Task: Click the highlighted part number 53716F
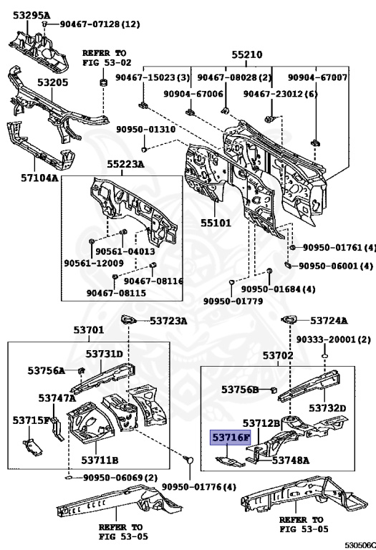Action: pos(230,438)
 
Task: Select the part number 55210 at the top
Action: pos(246,54)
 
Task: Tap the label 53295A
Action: pos(32,16)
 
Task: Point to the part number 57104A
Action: pos(39,178)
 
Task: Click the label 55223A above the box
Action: pos(125,164)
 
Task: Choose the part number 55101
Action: pos(216,223)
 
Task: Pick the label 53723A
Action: pos(168,321)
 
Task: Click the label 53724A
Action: pos(329,320)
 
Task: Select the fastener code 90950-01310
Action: pos(146,130)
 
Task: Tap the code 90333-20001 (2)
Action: pos(334,339)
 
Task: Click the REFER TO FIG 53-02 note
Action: pos(107,58)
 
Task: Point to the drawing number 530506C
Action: pos(360,545)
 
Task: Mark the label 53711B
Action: pos(100,460)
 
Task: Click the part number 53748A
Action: pos(291,460)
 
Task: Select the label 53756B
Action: pos(240,390)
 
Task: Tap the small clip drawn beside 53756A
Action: pos(81,370)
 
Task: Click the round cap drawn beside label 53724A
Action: pos(289,319)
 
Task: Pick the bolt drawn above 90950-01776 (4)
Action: pos(188,460)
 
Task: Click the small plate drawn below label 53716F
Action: pos(230,462)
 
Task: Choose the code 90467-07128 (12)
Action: pos(100,24)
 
